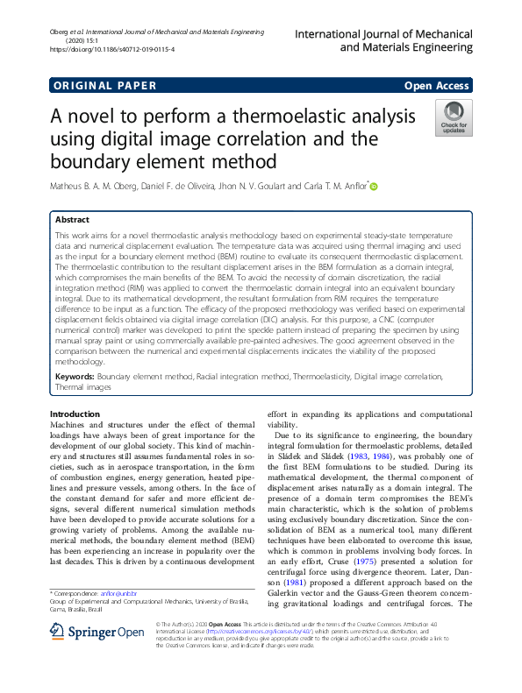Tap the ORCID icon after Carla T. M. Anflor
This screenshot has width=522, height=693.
374,186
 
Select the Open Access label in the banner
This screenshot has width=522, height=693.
437,86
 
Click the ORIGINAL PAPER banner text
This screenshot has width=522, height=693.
104,86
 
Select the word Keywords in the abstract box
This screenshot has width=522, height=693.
75,376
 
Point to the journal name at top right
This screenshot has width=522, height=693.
383,39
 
